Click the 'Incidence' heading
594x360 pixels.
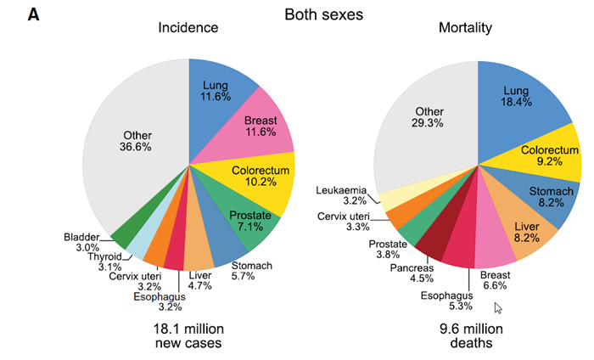click(188, 28)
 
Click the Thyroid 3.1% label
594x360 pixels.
click(106, 262)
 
